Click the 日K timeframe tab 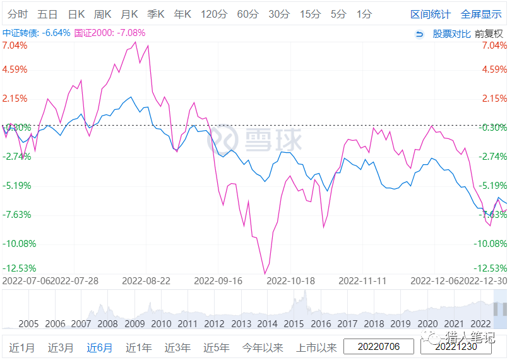(x=76, y=14)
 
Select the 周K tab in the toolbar (x=102, y=14)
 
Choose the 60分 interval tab (x=247, y=14)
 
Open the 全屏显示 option (x=482, y=14)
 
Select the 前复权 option (x=489, y=33)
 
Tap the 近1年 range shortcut (x=138, y=347)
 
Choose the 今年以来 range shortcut (x=263, y=347)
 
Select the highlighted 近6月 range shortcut (x=100, y=347)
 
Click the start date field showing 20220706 (x=379, y=347)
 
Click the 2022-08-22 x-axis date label (x=146, y=280)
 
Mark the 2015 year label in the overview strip (x=294, y=324)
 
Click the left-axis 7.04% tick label (x=15, y=45)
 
